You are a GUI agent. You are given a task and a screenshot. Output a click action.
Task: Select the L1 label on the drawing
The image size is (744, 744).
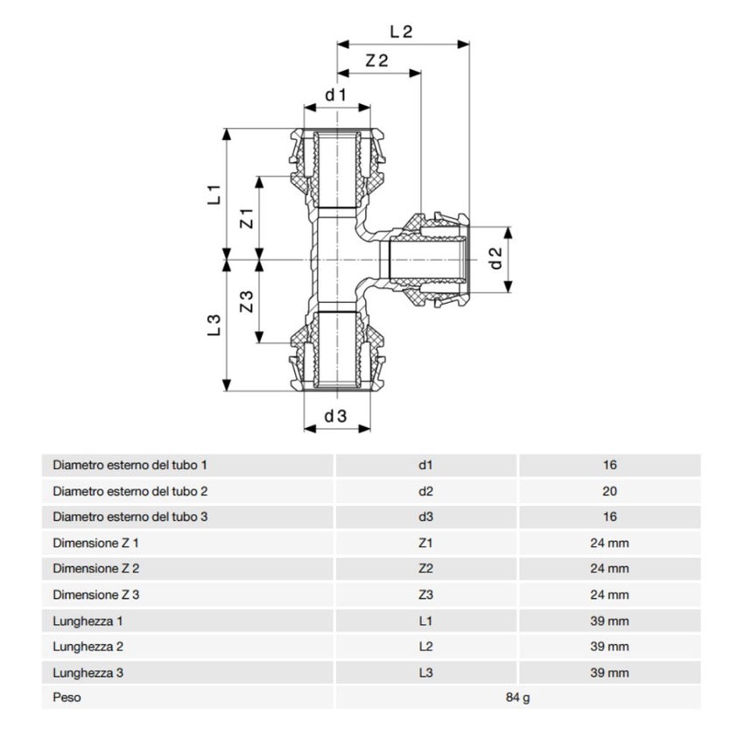click(213, 194)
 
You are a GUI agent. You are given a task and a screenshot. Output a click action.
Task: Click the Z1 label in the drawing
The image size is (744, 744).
click(246, 218)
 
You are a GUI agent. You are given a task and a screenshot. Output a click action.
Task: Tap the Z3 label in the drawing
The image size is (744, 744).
click(246, 302)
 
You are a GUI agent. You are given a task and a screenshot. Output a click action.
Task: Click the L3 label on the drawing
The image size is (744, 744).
click(213, 326)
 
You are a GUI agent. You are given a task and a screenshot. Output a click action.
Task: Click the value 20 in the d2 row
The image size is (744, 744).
click(609, 491)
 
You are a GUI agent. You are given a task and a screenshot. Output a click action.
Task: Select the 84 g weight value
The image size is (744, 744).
click(517, 698)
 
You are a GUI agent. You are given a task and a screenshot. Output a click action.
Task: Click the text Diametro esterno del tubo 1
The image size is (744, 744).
click(130, 465)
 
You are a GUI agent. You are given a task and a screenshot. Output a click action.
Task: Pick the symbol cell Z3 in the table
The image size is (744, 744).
click(425, 594)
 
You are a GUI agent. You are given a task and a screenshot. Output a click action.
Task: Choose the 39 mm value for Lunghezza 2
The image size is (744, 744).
click(609, 646)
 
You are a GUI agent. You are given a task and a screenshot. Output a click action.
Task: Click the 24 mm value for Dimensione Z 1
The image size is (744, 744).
click(609, 543)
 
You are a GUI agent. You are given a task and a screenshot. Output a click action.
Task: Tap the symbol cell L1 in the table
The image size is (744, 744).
click(425, 621)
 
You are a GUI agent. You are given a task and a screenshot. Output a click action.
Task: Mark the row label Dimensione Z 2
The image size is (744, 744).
click(96, 569)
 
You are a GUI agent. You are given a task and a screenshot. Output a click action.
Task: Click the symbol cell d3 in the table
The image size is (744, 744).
click(425, 516)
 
